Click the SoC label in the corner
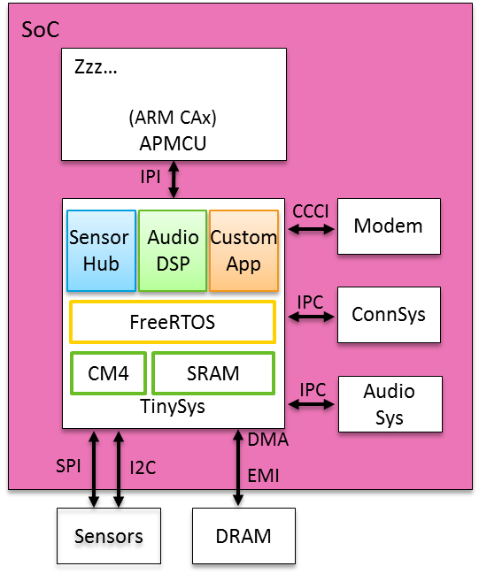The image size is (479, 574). pos(39,31)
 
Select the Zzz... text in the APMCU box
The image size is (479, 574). pos(95,68)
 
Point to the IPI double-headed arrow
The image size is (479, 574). pos(174,180)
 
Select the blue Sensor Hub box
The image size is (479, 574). pos(100,250)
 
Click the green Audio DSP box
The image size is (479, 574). pos(173,250)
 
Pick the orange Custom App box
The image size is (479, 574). pos(243,250)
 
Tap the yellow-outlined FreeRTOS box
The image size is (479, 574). pos(173,322)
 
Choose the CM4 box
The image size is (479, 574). pos(108,373)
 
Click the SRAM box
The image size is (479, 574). pos(213,373)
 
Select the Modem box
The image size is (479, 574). pos(389,226)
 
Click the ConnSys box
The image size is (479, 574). pos(389,314)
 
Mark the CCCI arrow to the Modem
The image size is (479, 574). pos(311,229)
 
